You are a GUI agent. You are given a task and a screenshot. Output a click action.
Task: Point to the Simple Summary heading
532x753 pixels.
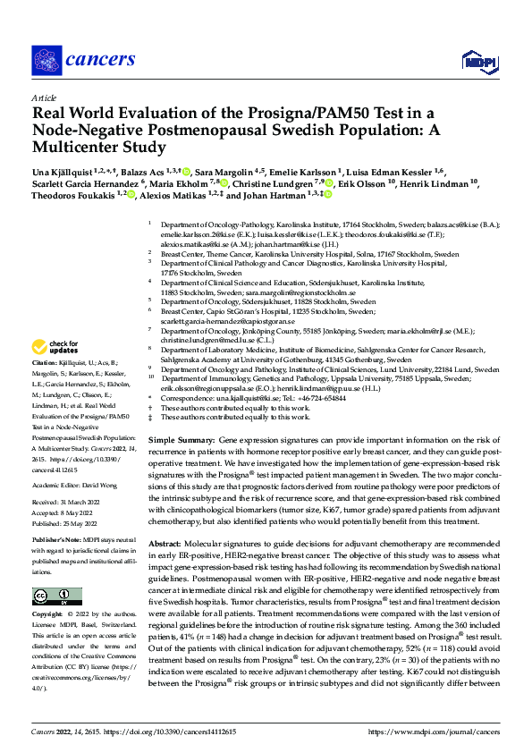tap(181, 442)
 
